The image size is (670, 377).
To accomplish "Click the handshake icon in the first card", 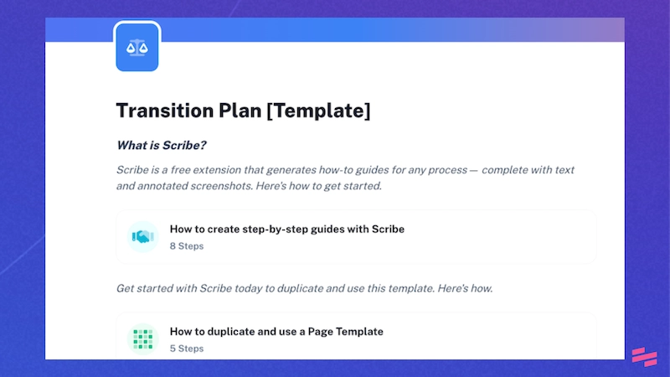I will (142, 237).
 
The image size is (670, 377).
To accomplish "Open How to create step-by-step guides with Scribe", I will (286, 229).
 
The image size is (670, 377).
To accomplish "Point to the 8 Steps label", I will (186, 246).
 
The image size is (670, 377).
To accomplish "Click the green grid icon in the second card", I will (142, 339).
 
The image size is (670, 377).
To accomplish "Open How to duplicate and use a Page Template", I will (276, 332).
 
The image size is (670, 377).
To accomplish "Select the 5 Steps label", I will (186, 349).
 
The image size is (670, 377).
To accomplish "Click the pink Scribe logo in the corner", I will (644, 357).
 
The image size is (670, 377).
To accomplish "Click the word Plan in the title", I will (238, 111).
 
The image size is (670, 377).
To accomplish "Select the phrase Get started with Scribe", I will (175, 289).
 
